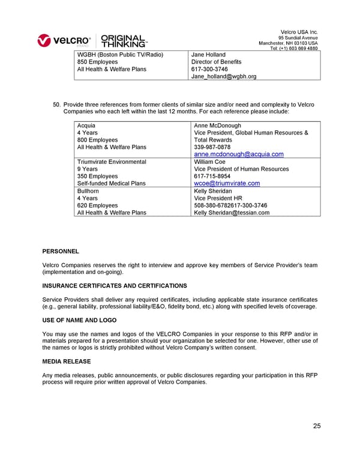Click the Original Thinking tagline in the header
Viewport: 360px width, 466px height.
pos(123,40)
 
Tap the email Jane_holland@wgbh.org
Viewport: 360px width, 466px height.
pos(223,76)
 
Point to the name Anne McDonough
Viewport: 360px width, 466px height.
pos(218,126)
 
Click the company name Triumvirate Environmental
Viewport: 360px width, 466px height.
pos(112,162)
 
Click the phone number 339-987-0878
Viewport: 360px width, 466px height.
pos(212,147)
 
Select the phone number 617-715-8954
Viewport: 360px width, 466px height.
pos(212,176)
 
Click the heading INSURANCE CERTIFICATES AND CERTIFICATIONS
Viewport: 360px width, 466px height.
pos(115,286)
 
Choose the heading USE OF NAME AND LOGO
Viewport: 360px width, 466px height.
pos(79,321)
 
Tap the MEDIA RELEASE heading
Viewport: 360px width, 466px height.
pos(67,362)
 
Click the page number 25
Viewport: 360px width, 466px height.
pos(316,426)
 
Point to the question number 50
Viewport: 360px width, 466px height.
pos(57,104)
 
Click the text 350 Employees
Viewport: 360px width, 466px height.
pos(98,176)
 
